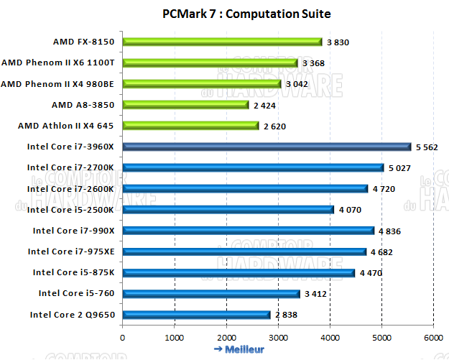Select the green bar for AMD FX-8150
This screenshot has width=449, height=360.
tap(222, 42)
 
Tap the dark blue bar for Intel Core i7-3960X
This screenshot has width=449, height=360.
tap(267, 147)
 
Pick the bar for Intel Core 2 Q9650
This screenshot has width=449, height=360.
tap(196, 314)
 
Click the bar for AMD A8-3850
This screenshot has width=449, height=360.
tap(185, 105)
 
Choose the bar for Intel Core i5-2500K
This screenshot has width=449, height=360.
tap(228, 210)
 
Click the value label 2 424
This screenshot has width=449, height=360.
tap(265, 106)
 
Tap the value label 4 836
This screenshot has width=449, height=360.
tap(388, 231)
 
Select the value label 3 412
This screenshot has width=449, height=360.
tap(314, 294)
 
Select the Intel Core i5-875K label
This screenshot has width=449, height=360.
tap(73, 272)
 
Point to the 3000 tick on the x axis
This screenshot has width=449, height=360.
tap(278, 337)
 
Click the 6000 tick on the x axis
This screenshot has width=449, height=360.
tap(433, 337)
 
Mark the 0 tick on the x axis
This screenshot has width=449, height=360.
tap(123, 337)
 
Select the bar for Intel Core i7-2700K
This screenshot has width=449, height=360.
tap(253, 167)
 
